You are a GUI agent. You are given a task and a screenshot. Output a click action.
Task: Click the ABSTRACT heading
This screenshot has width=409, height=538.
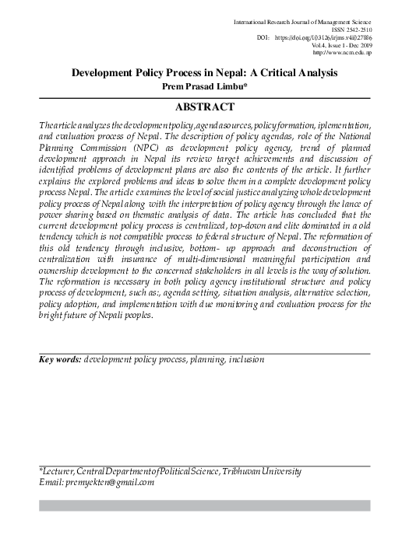(x=205, y=107)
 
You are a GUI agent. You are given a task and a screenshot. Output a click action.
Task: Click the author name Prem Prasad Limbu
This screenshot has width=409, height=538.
(x=205, y=86)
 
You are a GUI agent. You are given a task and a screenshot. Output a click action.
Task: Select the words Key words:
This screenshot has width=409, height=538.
(x=60, y=360)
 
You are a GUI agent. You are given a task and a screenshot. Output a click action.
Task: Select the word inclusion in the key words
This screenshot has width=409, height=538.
(x=242, y=360)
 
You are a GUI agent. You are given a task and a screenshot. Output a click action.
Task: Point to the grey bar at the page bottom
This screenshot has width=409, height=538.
(x=205, y=505)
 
